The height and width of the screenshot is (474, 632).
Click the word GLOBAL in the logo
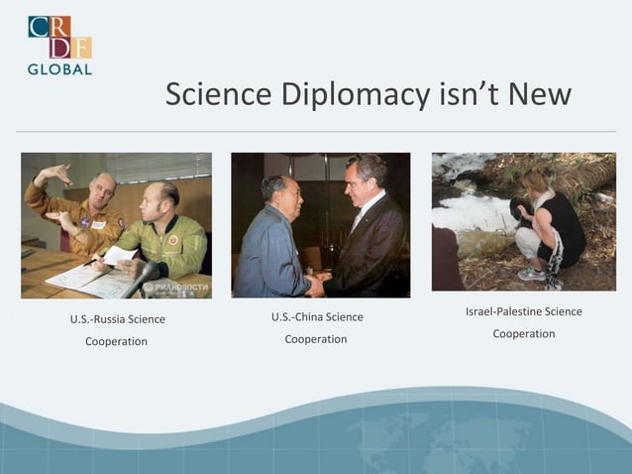(x=59, y=69)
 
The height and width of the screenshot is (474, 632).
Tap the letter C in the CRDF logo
(x=39, y=26)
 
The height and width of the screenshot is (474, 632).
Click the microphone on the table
(x=145, y=276)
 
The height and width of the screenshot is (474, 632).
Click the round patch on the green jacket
(x=173, y=239)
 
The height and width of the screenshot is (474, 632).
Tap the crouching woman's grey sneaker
(x=531, y=274)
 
